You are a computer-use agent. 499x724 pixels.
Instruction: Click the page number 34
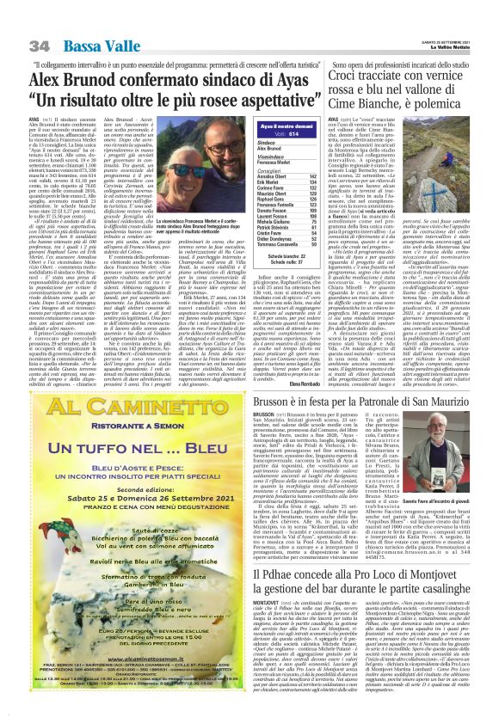tap(39, 45)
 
